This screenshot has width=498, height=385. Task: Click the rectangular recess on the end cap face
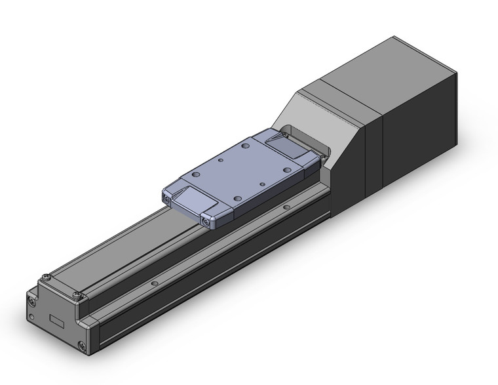point(58,321)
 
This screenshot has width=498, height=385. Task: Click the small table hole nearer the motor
point(262,185)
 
